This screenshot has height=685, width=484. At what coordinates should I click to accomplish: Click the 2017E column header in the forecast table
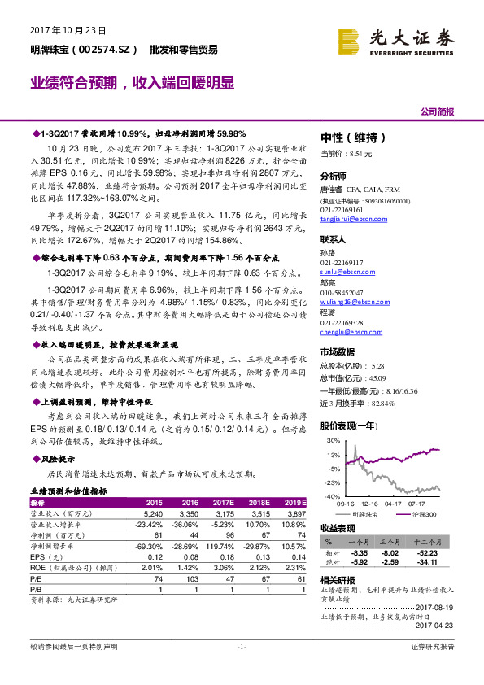point(225,503)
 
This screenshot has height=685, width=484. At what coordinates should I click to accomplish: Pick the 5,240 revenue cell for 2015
point(153,514)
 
